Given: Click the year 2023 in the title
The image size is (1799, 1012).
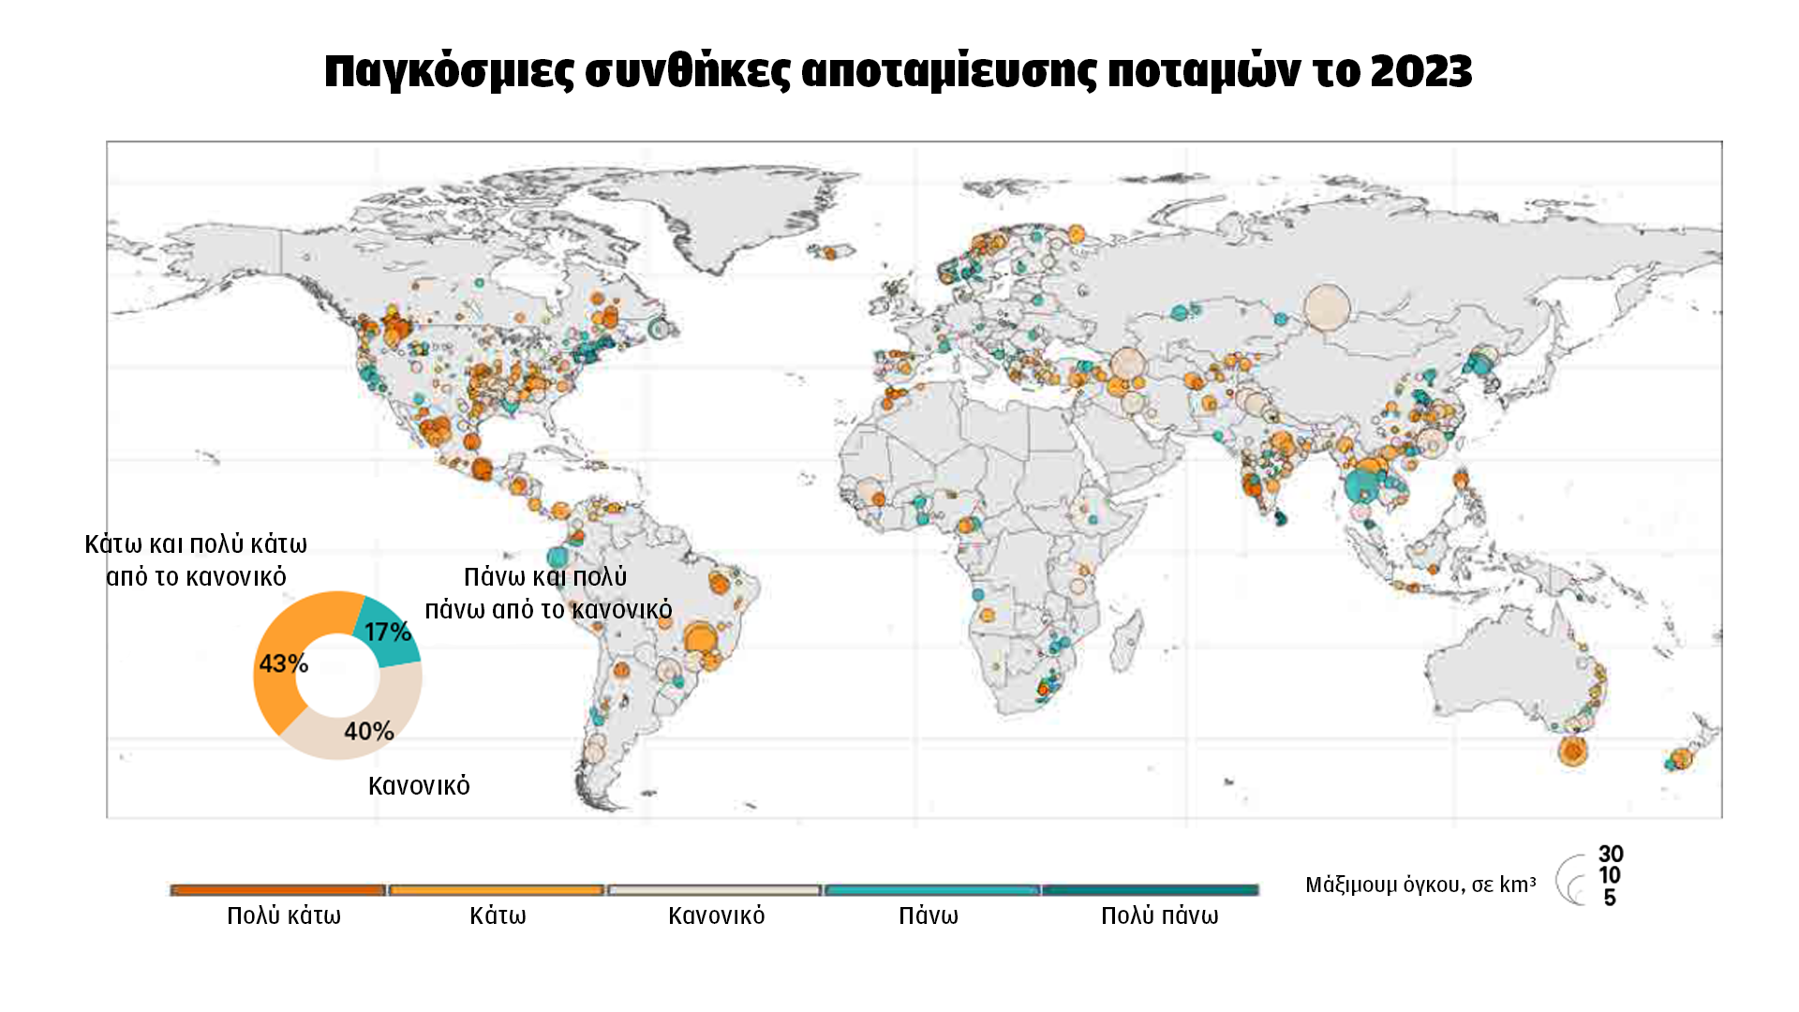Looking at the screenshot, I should [x=1420, y=71].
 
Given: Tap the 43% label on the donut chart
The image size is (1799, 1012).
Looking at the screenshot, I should [x=283, y=663].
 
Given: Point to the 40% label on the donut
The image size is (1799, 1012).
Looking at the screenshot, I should [x=368, y=731].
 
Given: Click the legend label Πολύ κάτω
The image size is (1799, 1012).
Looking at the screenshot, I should [x=284, y=915].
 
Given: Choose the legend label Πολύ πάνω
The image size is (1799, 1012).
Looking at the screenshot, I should [x=1159, y=915].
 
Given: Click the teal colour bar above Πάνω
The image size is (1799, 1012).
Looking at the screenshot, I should [x=931, y=890].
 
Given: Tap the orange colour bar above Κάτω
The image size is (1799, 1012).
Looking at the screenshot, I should [x=497, y=890].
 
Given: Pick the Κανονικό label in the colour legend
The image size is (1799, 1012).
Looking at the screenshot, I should [x=716, y=915].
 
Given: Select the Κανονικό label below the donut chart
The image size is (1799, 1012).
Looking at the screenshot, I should [x=419, y=785].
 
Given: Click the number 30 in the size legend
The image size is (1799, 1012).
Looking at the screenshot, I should [x=1611, y=854].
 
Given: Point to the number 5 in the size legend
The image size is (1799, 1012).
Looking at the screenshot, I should [x=1609, y=898].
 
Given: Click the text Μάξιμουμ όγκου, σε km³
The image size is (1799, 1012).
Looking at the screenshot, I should [x=1420, y=885].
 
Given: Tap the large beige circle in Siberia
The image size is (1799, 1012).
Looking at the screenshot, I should [x=1327, y=307].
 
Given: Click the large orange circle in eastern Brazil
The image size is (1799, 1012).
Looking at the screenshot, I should [x=700, y=639].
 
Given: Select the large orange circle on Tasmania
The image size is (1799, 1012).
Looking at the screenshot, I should [x=1572, y=751].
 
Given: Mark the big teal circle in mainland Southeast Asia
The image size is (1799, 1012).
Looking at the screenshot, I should [x=1360, y=485].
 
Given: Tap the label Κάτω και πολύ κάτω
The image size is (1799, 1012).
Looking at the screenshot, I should [x=196, y=544].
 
